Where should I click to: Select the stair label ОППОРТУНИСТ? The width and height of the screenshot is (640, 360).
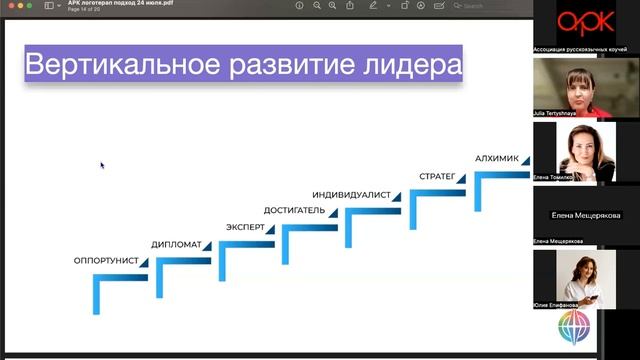click(105, 261)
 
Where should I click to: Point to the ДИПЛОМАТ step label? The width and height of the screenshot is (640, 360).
click(176, 244)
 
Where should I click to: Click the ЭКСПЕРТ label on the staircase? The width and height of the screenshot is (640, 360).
click(245, 227)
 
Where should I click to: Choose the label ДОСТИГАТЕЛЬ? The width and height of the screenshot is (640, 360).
click(294, 210)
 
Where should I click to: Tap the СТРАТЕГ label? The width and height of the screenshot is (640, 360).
click(437, 177)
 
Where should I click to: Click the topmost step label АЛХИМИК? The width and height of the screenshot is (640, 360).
click(498, 158)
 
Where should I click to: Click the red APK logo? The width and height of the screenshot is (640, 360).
click(585, 23)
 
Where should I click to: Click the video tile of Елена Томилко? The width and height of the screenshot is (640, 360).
click(585, 150)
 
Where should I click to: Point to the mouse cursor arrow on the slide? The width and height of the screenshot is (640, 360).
click(102, 165)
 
